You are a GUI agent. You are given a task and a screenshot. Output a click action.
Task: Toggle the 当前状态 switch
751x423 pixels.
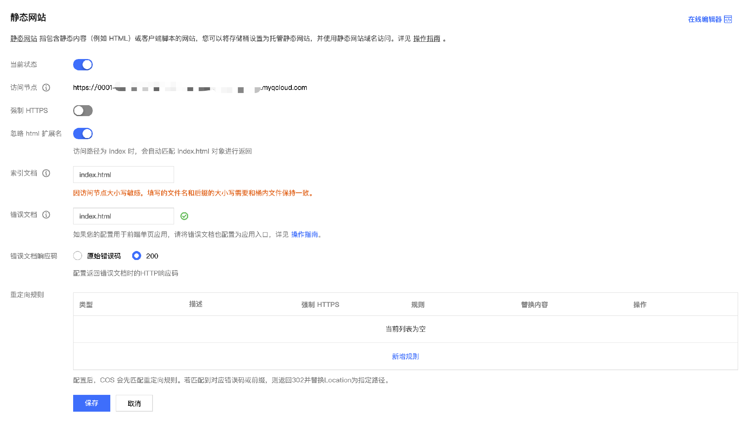tap(83, 65)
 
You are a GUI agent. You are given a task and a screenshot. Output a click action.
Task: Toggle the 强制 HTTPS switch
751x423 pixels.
tap(83, 111)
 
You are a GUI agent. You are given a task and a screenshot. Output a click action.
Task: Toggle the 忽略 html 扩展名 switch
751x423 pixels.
tap(83, 134)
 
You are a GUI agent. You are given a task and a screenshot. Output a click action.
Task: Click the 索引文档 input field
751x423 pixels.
tap(123, 175)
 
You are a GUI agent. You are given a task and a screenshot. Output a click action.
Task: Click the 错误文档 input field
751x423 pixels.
tap(123, 216)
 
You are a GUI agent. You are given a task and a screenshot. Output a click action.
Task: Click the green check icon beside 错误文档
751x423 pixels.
tap(184, 216)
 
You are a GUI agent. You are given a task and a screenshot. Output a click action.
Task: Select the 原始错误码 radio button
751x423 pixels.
tap(78, 256)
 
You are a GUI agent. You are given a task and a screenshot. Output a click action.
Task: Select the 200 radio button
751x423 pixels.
tap(137, 256)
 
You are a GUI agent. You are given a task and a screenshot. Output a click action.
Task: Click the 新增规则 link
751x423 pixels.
tap(405, 357)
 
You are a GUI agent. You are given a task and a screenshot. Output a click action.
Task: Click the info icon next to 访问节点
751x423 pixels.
tap(46, 88)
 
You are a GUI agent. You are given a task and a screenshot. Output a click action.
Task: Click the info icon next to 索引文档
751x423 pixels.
tap(46, 173)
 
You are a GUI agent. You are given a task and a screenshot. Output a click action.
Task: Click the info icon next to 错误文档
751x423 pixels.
tap(46, 215)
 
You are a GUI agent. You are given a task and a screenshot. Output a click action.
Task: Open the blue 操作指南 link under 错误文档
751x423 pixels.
tap(304, 235)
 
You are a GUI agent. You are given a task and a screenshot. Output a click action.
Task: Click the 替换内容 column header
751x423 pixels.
tap(534, 305)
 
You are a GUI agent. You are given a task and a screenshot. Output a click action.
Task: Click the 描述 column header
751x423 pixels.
tap(196, 304)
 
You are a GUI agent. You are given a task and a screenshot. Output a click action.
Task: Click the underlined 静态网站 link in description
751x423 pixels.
tap(23, 39)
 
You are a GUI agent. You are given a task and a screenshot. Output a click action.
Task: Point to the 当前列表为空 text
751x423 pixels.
tap(405, 329)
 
